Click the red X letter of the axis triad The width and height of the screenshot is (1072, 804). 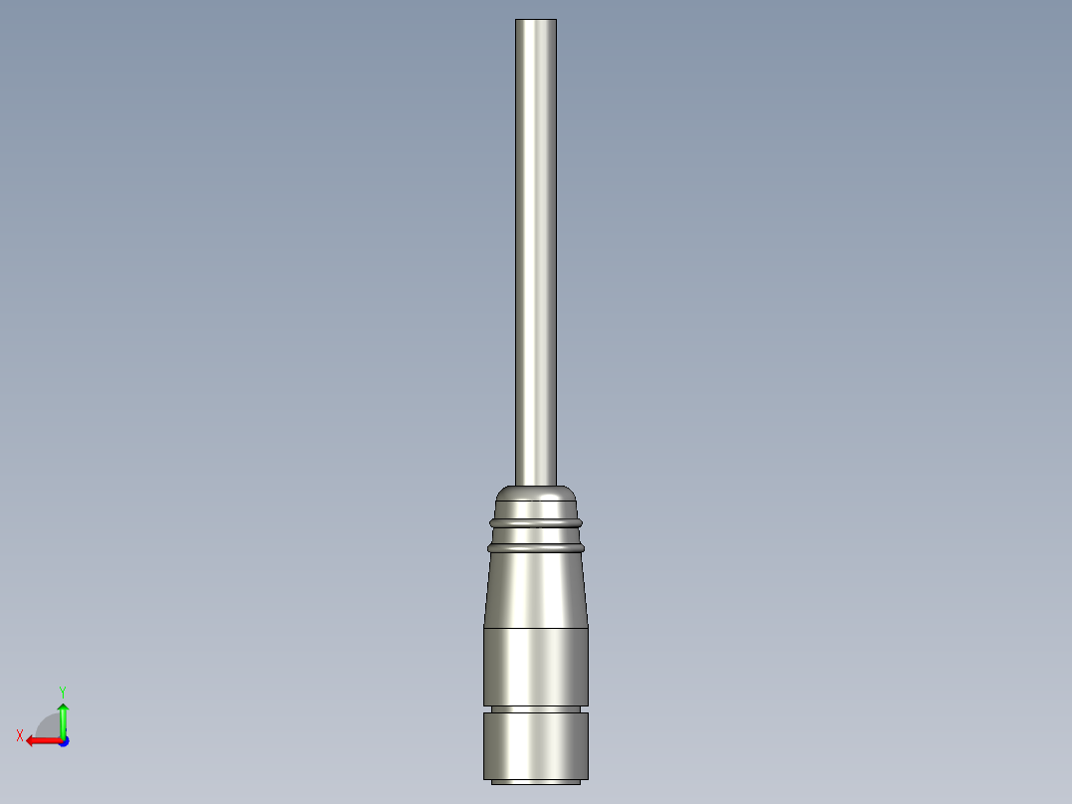coord(20,735)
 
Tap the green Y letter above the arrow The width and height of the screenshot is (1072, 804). coord(62,691)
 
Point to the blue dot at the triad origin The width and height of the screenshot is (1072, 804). coord(63,741)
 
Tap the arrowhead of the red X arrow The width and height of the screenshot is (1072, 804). coord(31,740)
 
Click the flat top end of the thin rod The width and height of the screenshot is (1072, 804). coord(536,21)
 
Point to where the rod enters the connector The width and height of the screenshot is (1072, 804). coord(536,485)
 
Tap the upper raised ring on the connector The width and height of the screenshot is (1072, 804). coord(536,520)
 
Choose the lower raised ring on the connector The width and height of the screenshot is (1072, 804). coord(536,546)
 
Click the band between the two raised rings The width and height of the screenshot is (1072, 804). coord(536,533)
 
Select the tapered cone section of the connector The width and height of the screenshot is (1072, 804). coord(536,589)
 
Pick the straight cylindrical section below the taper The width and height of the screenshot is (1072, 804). coord(536,666)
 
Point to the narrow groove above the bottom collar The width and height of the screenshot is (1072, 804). coord(536,708)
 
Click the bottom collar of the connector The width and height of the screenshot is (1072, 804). coord(536,745)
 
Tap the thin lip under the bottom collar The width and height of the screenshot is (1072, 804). coord(536,782)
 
